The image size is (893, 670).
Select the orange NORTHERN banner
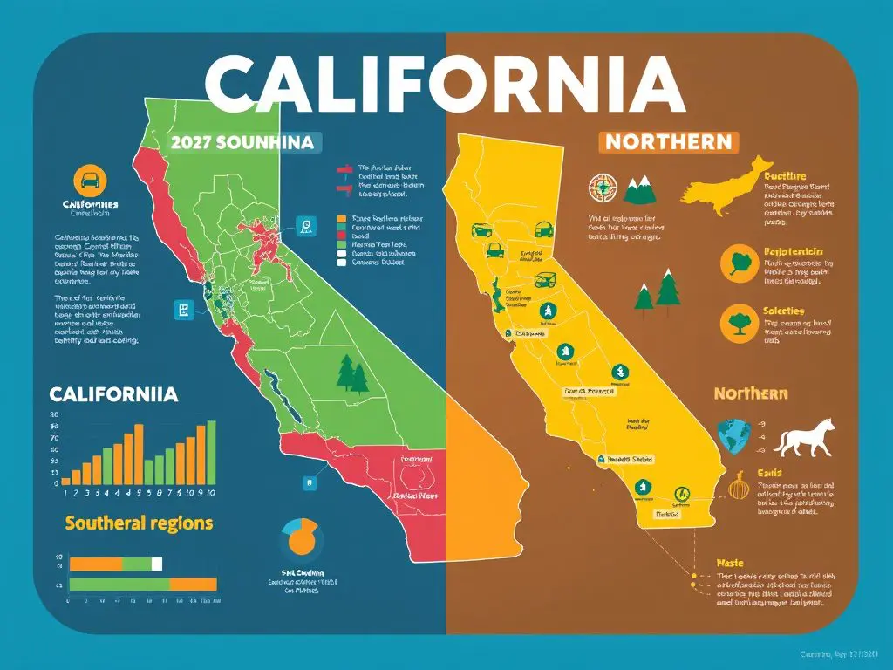point(669,142)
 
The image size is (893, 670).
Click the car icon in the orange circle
point(90,181)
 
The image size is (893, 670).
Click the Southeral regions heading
point(139,523)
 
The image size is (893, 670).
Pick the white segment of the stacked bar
point(157,564)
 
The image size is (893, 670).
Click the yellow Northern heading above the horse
point(750,393)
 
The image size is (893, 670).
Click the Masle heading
point(729,564)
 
